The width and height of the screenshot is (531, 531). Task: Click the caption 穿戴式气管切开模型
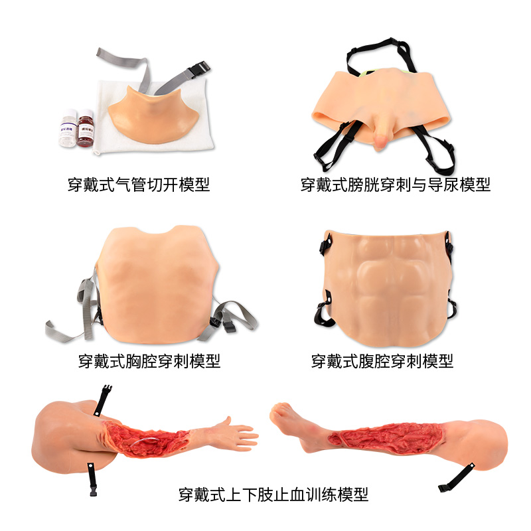tap(139, 185)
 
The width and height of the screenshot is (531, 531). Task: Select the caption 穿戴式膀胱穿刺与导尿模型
tap(395, 185)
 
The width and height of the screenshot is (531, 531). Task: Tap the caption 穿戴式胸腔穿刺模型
tap(149, 361)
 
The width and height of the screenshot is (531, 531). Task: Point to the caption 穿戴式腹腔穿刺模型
tap(382, 361)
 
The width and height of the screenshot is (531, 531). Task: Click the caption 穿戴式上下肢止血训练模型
tap(273, 494)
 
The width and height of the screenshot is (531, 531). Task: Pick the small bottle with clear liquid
tap(68, 128)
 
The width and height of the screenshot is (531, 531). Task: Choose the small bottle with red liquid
tap(86, 128)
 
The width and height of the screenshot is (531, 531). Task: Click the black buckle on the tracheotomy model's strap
tap(198, 69)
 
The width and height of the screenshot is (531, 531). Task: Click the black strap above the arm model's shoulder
tap(103, 400)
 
